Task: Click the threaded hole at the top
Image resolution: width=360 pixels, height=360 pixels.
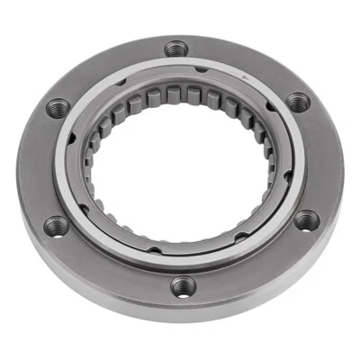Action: click(x=177, y=49)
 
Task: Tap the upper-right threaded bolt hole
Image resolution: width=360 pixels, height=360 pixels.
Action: click(x=299, y=103)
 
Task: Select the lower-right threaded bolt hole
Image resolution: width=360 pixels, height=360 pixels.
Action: click(x=305, y=219)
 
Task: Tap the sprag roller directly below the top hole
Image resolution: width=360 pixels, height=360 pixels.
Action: click(x=177, y=94)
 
